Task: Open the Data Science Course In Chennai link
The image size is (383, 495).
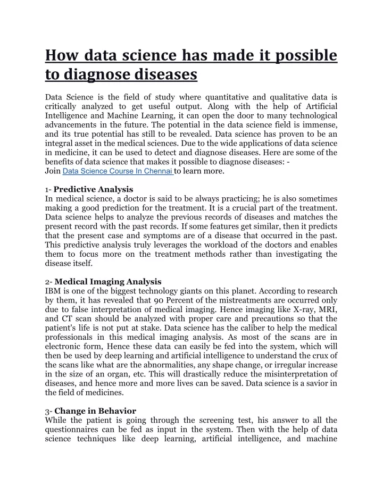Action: [118, 171]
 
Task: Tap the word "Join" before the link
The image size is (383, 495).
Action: [53, 171]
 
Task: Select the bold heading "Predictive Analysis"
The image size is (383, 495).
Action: [94, 189]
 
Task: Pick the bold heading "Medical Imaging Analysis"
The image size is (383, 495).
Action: [108, 281]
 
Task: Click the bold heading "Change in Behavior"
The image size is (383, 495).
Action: [95, 410]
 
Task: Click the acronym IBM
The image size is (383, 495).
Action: [54, 291]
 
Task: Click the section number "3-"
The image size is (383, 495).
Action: [48, 410]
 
